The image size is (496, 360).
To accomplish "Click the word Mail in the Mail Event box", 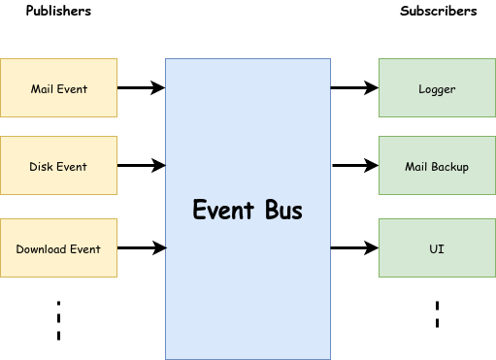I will pos(43,89).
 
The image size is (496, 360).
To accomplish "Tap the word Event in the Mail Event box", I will pos(73,89).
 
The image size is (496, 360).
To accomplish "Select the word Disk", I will pos(41,167).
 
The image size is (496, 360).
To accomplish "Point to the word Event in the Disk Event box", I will pos(72,167).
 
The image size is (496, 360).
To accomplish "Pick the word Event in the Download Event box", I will pos(85,249).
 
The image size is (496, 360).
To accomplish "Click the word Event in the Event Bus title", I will pos(224,211).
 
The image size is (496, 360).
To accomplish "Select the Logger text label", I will pos(437,89).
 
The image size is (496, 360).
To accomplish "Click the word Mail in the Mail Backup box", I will pos(416,167).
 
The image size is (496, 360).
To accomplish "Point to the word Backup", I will pos(450,167).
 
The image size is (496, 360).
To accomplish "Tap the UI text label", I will pos(437,249).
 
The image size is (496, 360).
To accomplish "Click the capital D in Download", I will pos(19,249).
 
